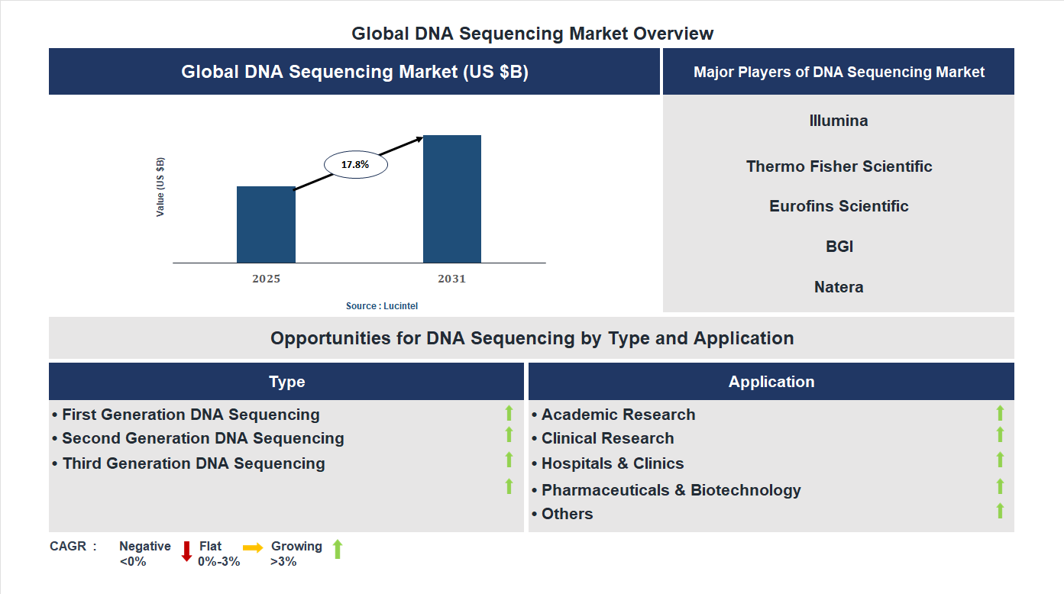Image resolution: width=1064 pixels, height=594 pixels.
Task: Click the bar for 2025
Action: pyautogui.click(x=266, y=225)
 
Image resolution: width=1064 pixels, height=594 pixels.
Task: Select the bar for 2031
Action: pyautogui.click(x=452, y=199)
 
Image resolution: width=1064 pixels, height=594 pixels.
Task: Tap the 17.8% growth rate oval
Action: pyautogui.click(x=356, y=164)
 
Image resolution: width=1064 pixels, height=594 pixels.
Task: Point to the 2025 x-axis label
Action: pyautogui.click(x=266, y=279)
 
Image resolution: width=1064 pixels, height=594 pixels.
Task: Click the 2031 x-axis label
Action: pyautogui.click(x=451, y=279)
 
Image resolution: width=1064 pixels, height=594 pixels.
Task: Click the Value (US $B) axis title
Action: pyautogui.click(x=160, y=187)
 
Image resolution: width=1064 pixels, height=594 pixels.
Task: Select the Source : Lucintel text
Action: pyautogui.click(x=382, y=305)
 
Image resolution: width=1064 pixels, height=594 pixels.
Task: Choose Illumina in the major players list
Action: pyautogui.click(x=839, y=121)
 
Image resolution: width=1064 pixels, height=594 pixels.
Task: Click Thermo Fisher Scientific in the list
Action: pyautogui.click(x=839, y=166)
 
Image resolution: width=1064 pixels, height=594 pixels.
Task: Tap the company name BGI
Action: pyautogui.click(x=839, y=247)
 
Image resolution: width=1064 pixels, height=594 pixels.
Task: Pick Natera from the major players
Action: pyautogui.click(x=839, y=287)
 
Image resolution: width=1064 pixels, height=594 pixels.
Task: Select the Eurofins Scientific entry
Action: pyautogui.click(x=839, y=206)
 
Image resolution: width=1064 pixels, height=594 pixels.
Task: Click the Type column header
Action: pyautogui.click(x=286, y=382)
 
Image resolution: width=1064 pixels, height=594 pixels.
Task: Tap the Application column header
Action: pyautogui.click(x=771, y=382)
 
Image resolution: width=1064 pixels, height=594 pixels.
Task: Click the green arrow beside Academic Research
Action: pyautogui.click(x=1000, y=413)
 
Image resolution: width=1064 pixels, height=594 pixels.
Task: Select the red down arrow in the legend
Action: pyautogui.click(x=186, y=551)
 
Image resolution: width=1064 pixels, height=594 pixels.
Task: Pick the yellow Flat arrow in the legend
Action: pyautogui.click(x=253, y=547)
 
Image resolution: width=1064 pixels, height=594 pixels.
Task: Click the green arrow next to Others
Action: pyautogui.click(x=1000, y=511)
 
